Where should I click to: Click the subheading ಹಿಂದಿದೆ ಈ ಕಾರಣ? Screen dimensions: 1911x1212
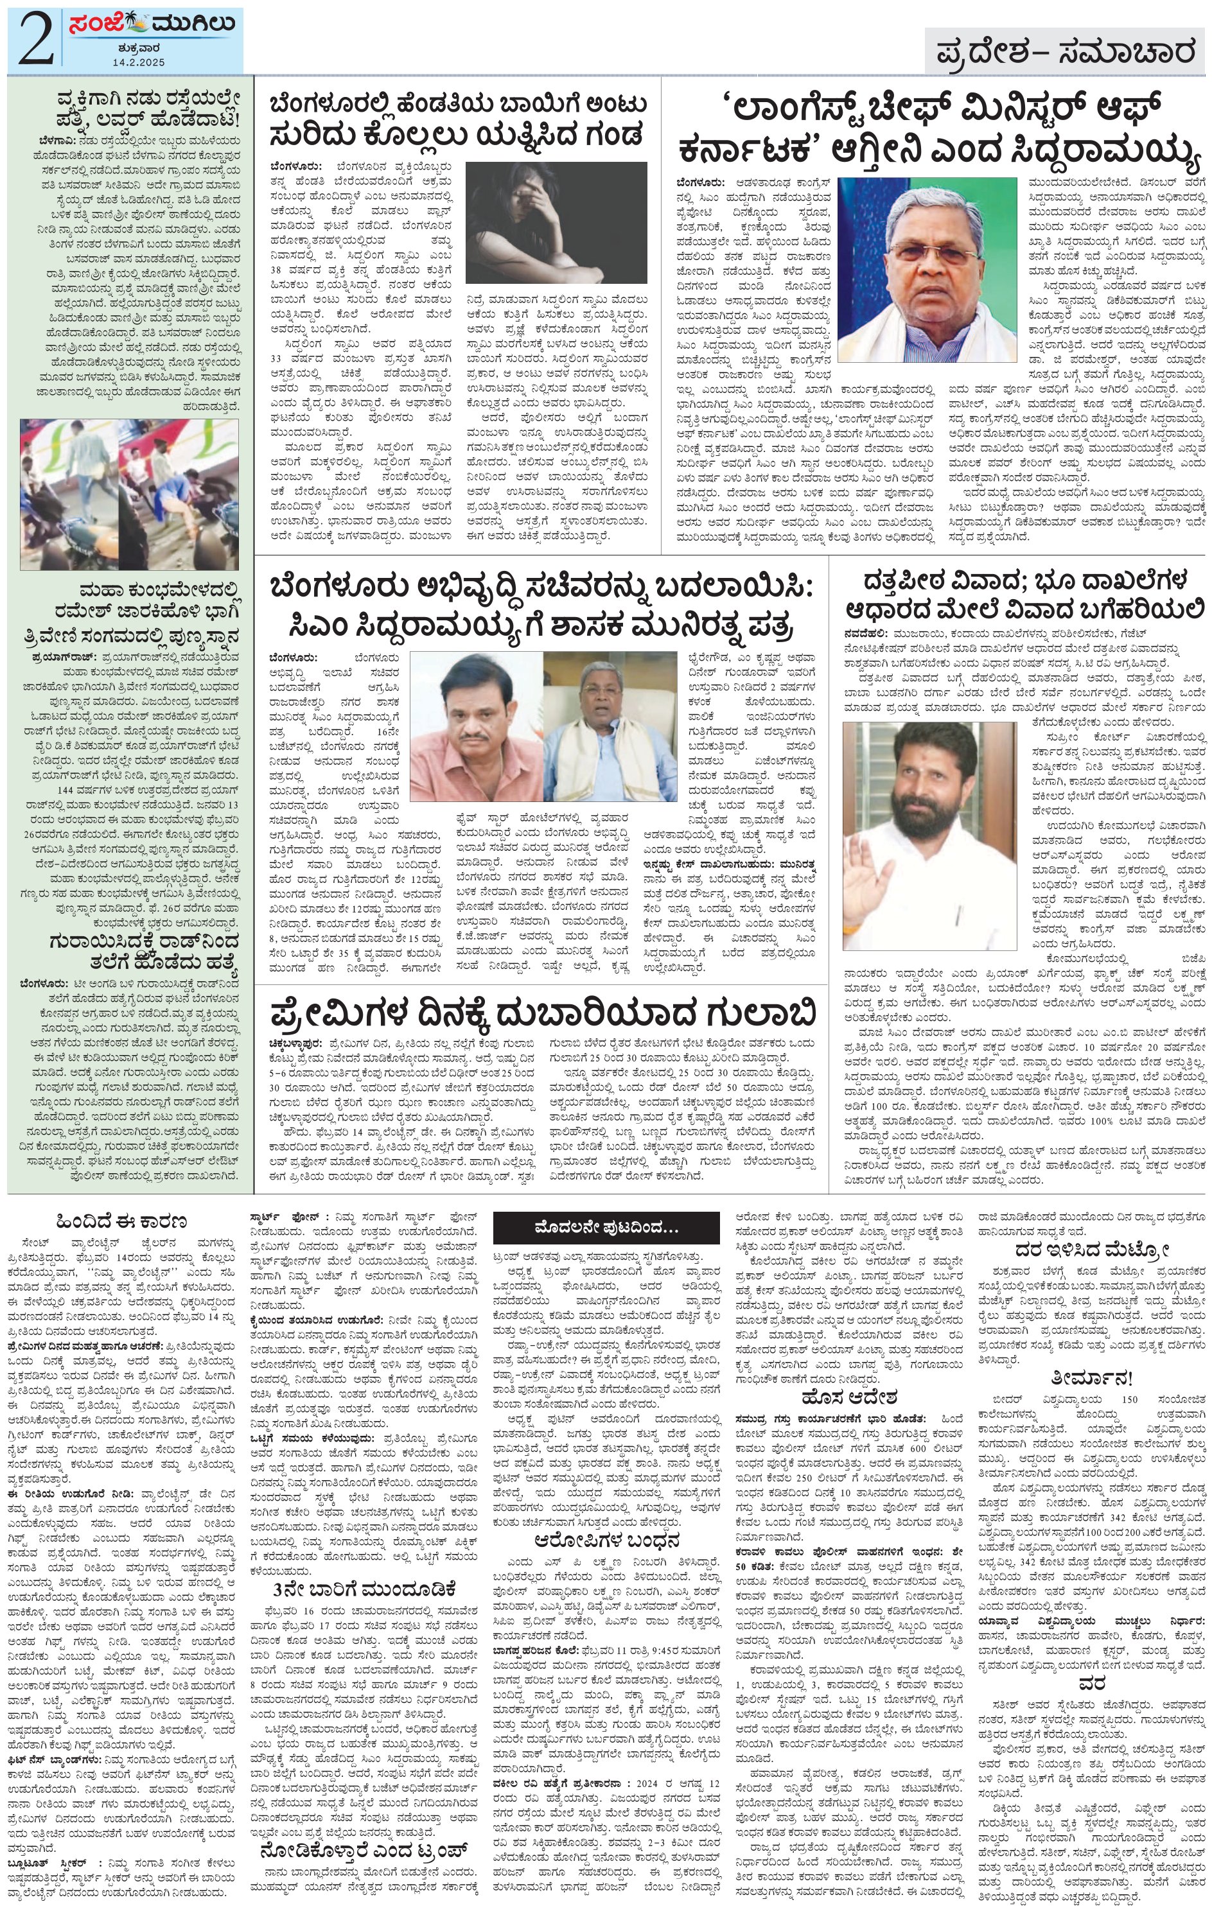tap(121, 1221)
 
